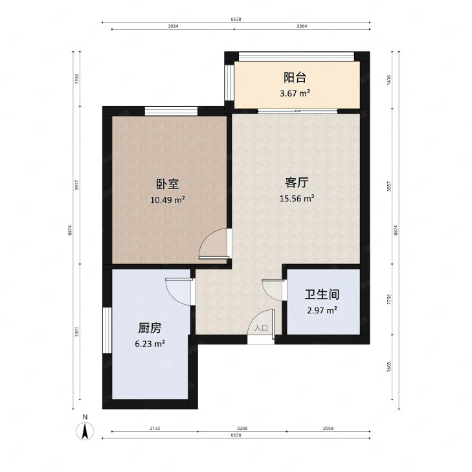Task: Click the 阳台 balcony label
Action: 295,78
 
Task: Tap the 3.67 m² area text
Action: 295,93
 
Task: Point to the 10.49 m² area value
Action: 167,200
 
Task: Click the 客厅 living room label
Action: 296,182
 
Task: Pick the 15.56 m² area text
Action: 297,198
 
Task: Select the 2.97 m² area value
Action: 322,311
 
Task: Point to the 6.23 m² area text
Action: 150,344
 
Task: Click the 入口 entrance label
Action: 261,328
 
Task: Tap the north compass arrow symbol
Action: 85,430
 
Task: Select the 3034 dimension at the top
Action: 172,27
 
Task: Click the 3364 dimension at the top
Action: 302,27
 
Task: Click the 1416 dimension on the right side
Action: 389,80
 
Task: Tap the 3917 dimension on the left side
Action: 77,185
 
